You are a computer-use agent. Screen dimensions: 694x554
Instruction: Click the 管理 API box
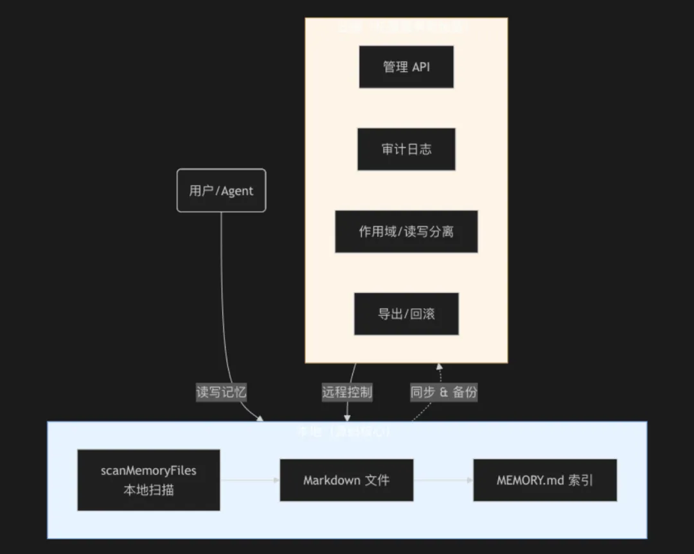[x=406, y=67]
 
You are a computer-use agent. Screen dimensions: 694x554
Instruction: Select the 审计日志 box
[x=406, y=149]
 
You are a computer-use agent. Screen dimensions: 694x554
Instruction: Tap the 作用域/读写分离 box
[x=406, y=231]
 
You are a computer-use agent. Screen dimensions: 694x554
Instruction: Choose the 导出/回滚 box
[x=406, y=314]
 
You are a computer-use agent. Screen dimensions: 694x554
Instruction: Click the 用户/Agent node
[x=221, y=190]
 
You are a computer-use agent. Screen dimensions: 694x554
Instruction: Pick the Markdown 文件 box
[x=346, y=480]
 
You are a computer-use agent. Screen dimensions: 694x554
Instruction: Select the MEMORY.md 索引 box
[x=545, y=480]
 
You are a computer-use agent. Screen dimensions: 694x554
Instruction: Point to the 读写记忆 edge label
[x=221, y=392]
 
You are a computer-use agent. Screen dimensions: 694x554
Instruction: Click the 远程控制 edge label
[x=347, y=392]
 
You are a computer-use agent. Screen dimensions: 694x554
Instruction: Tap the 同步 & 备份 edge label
[x=443, y=392]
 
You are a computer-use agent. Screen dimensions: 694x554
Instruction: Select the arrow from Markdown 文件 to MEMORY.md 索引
[x=443, y=480]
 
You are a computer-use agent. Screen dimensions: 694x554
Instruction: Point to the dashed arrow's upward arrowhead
[x=440, y=367]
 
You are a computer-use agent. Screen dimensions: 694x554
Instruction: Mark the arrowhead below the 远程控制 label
[x=347, y=417]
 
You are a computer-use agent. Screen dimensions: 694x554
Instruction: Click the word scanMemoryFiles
[x=148, y=471]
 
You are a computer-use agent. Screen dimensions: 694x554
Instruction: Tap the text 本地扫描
[x=148, y=490]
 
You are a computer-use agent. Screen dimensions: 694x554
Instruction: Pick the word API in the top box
[x=421, y=67]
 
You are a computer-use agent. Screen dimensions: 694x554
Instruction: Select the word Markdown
[x=332, y=480]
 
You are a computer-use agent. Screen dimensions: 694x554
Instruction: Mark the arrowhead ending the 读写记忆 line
[x=260, y=419]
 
